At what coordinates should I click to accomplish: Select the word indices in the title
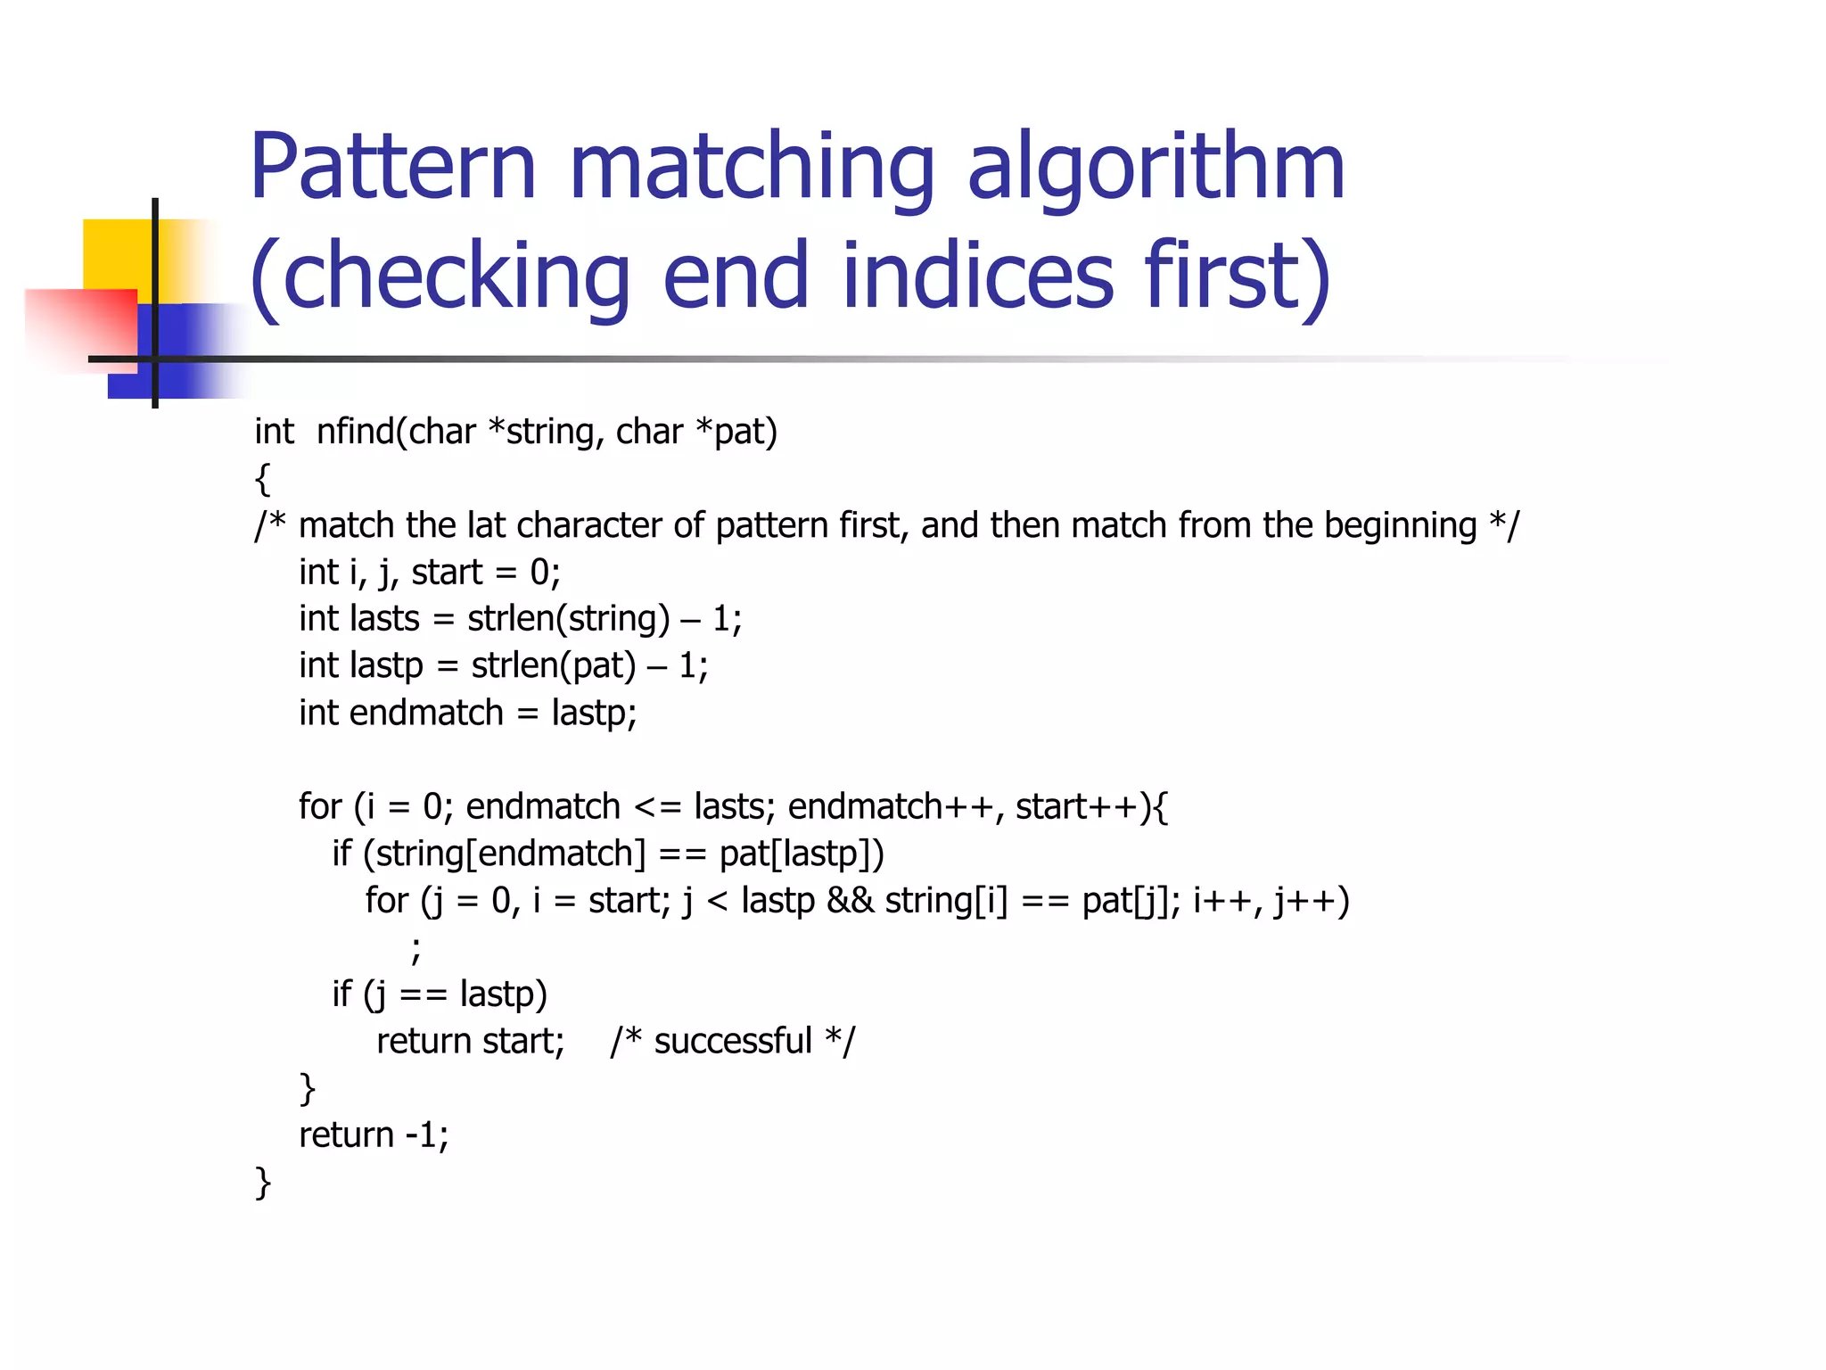977,276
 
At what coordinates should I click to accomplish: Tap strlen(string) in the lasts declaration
568,619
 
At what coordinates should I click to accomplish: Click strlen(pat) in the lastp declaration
553,666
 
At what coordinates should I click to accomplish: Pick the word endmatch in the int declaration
426,714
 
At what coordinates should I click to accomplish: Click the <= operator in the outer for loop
657,807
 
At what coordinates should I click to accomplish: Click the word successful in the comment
732,1042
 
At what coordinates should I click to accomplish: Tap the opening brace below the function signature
262,479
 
